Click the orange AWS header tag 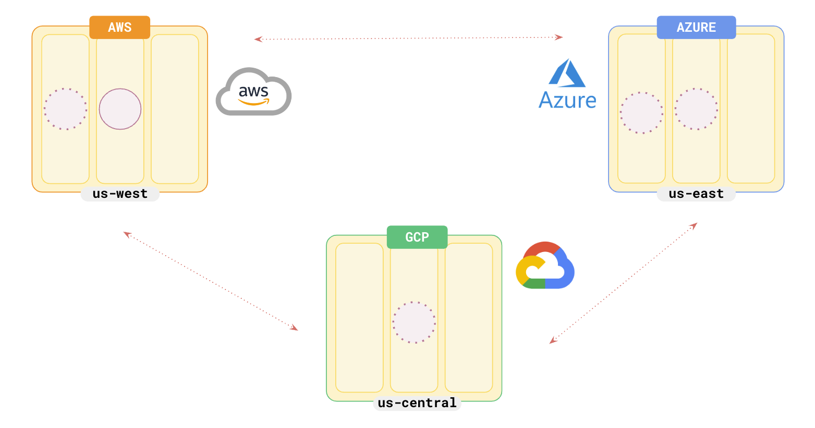click(119, 28)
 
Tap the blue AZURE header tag click(696, 28)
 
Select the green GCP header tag click(417, 237)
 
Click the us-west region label click(120, 194)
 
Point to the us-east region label click(696, 194)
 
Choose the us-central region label click(417, 403)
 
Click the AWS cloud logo click(253, 92)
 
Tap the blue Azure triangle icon click(567, 73)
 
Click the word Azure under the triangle click(567, 100)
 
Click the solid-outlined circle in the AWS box click(120, 109)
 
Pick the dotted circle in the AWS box click(65, 109)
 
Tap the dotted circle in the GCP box click(414, 322)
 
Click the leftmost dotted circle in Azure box click(641, 113)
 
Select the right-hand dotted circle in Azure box click(696, 109)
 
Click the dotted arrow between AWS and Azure click(408, 38)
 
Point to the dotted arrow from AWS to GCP click(210, 281)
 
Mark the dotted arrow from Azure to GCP click(623, 283)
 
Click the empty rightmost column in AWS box click(175, 109)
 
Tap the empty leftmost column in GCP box click(359, 318)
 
